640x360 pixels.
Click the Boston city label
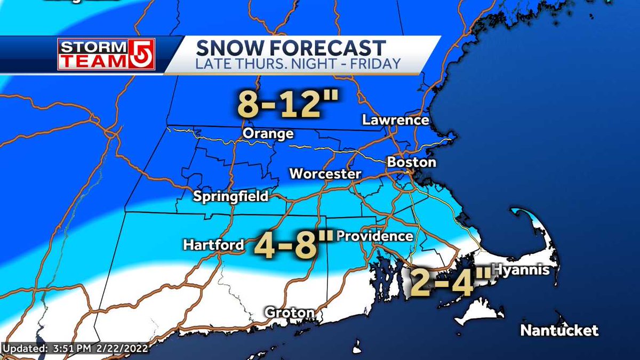pos(411,162)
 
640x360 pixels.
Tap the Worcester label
pos(325,174)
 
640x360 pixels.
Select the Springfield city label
pos(230,196)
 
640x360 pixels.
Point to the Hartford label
pos(213,245)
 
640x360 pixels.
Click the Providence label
pos(375,236)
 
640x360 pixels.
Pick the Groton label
pos(290,312)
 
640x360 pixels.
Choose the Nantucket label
pos(559,331)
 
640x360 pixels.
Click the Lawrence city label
pos(395,120)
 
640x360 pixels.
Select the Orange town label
pos(268,133)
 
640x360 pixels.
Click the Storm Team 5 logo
pos(106,54)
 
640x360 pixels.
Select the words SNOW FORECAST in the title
pos(291,48)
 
